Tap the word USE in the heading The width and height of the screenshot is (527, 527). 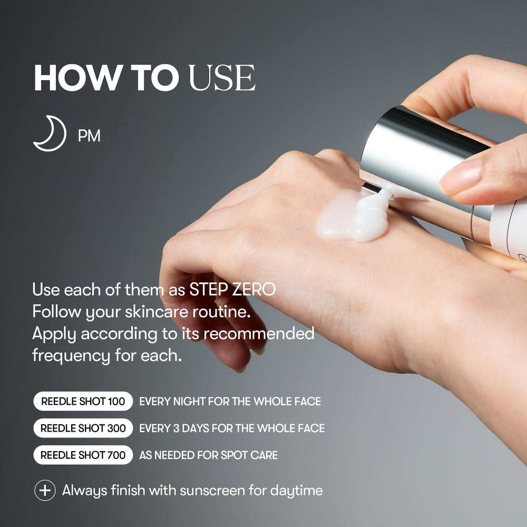[222, 77]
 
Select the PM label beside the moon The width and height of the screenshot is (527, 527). [89, 136]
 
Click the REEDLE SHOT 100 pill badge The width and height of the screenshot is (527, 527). [83, 401]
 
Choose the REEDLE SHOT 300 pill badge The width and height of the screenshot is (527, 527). [83, 428]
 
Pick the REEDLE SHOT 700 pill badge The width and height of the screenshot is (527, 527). [83, 455]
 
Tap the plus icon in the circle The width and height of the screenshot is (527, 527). [45, 490]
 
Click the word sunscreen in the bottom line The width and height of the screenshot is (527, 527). [212, 490]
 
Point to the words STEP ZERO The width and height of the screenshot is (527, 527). [232, 289]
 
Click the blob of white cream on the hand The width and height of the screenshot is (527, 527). [355, 214]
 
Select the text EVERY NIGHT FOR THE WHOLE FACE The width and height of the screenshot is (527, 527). [230, 401]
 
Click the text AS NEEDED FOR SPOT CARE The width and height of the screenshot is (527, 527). [208, 455]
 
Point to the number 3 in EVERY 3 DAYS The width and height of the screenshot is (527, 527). [176, 428]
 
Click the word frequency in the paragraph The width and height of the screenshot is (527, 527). [71, 356]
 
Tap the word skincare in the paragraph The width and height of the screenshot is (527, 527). [157, 311]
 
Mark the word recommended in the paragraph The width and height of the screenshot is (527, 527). [259, 334]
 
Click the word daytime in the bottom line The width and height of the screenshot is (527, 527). [296, 491]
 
